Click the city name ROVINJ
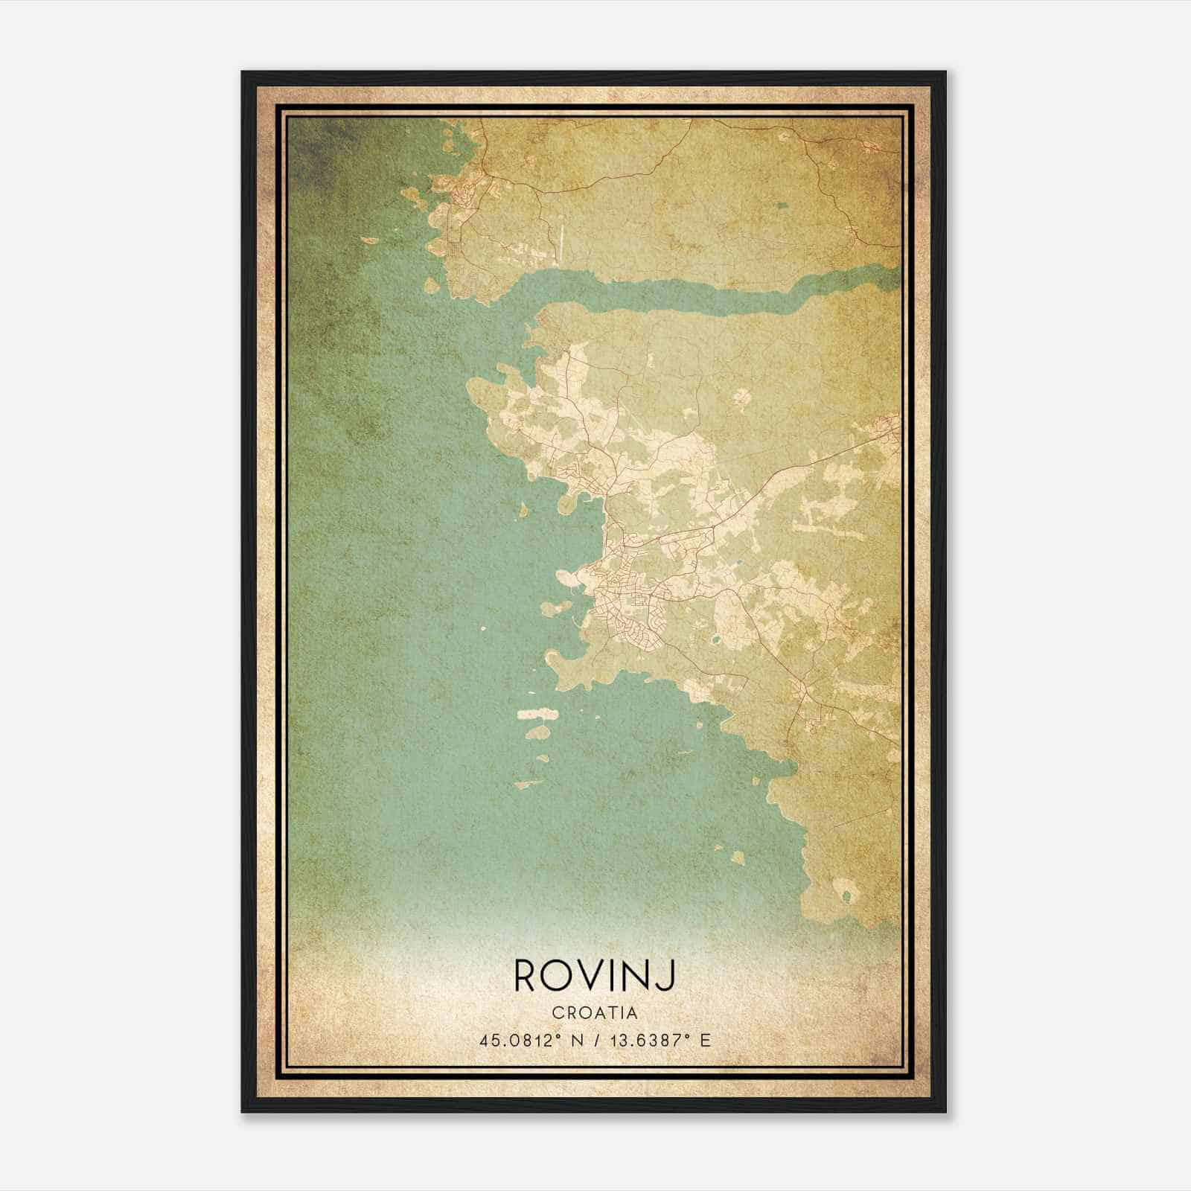(595, 976)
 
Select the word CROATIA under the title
(595, 1012)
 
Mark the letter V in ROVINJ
(594, 976)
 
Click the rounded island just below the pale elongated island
(538, 733)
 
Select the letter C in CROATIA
(558, 1012)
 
